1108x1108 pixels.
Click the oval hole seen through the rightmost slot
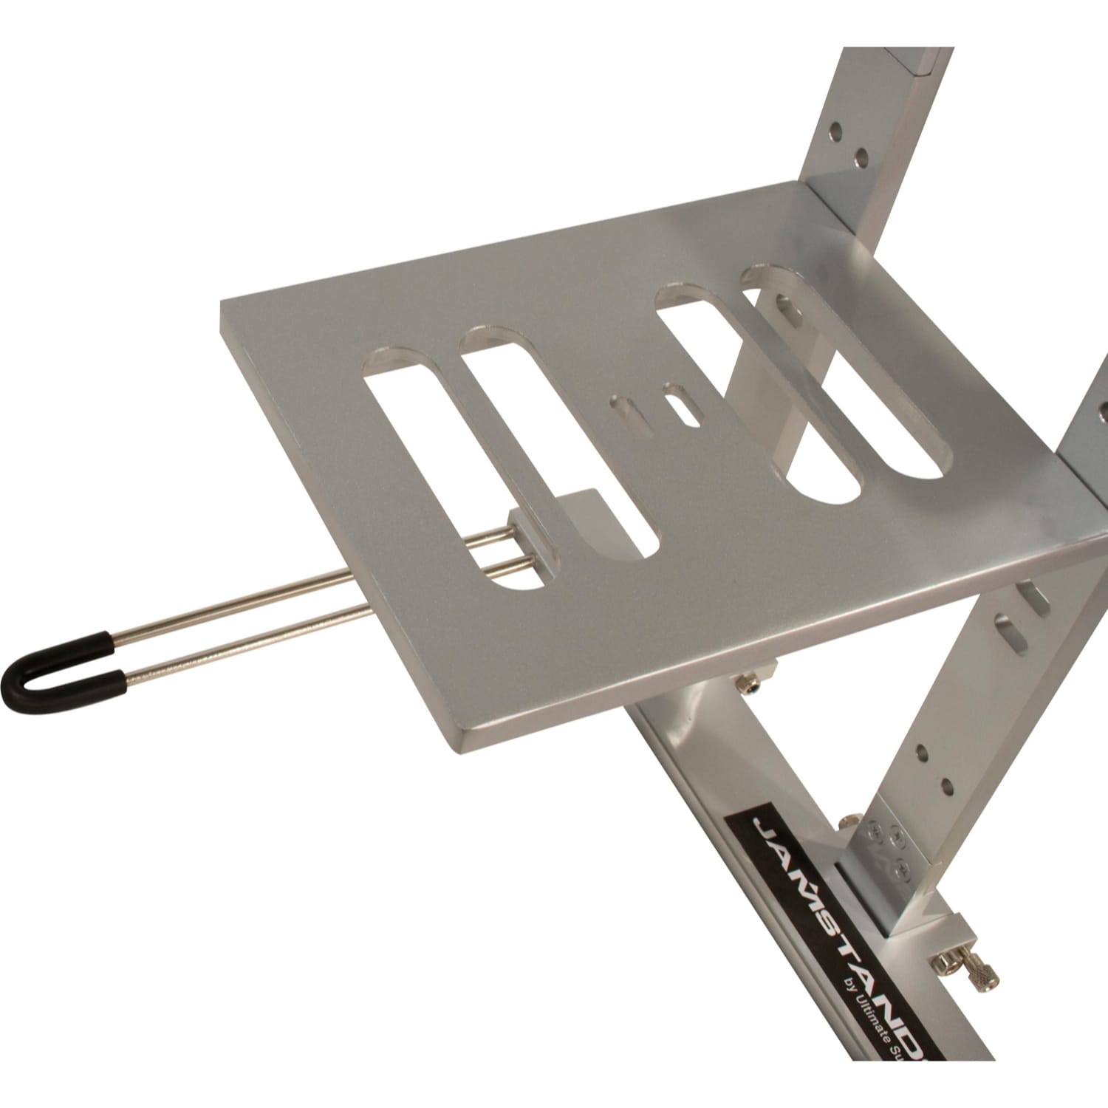point(787,307)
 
